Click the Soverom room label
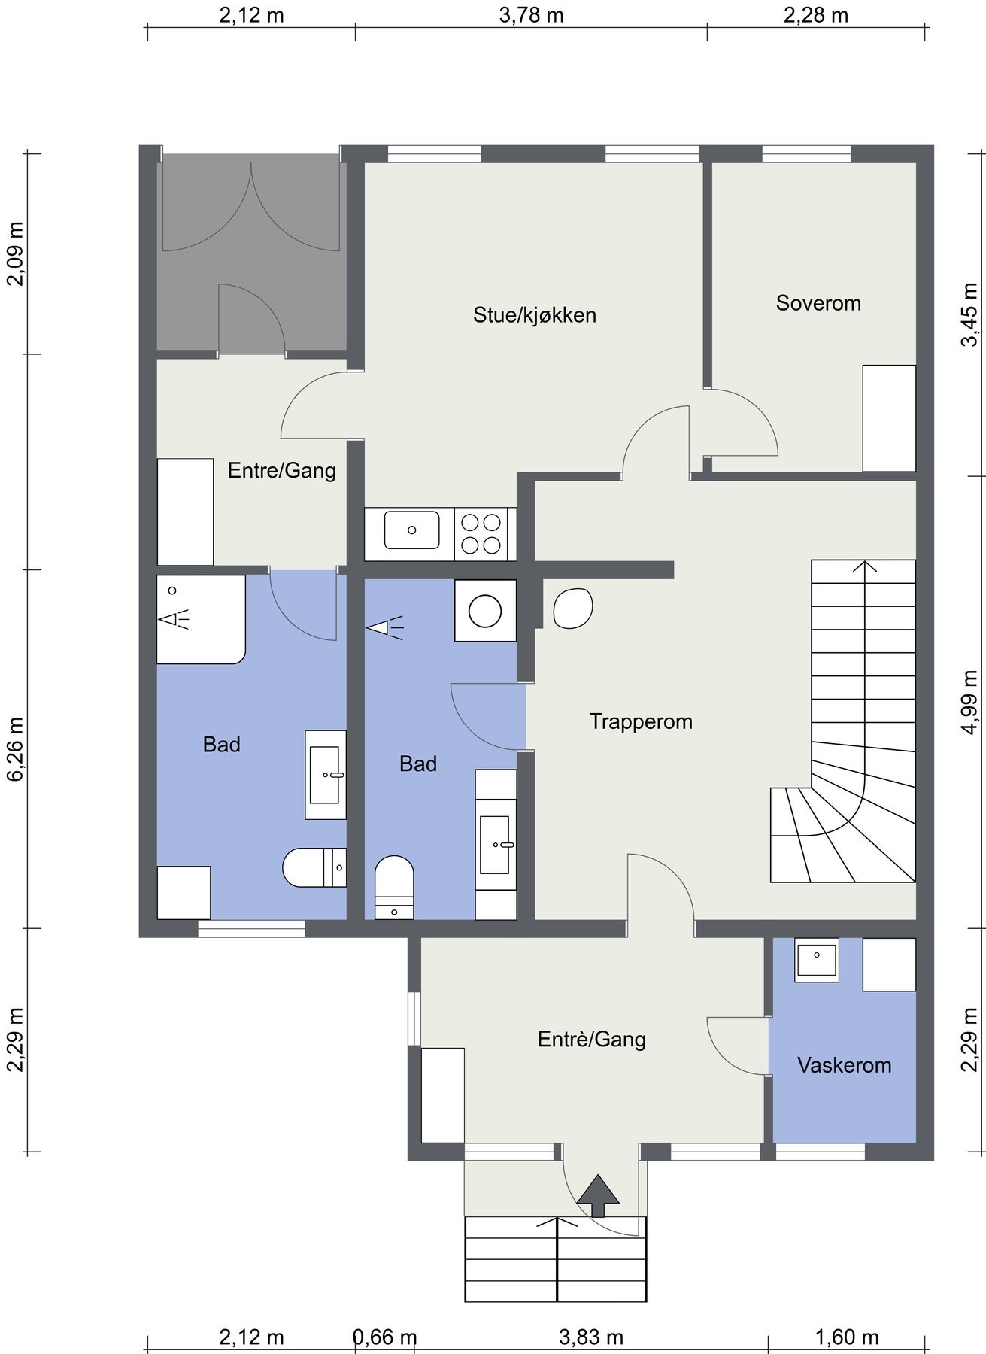818,303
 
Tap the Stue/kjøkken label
535,315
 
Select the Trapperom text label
641,722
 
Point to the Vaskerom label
845,1065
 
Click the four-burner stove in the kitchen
481,534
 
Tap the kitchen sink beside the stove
411,530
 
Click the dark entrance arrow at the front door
598,1195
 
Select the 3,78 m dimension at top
532,15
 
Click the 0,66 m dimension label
385,1337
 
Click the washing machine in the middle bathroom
485,610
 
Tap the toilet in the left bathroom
314,867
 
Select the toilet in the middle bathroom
394,887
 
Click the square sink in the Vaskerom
816,961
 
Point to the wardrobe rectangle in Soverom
889,418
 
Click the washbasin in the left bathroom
326,775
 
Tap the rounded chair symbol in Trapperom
573,608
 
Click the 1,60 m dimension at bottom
847,1337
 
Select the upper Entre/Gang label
282,471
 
